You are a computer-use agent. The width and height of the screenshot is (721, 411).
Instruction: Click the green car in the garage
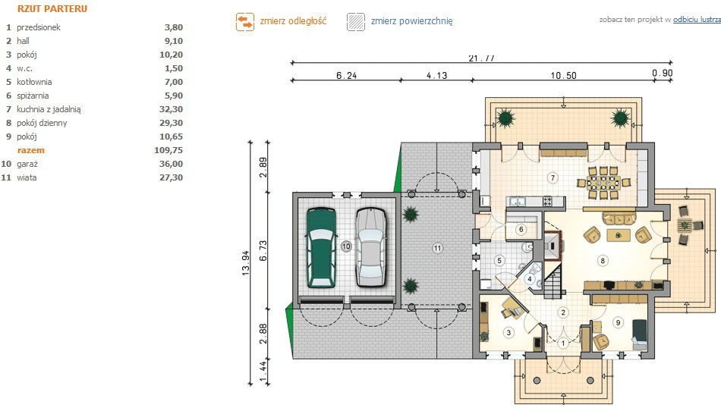pos(321,248)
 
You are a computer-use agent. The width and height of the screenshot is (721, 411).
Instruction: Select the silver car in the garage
pos(370,248)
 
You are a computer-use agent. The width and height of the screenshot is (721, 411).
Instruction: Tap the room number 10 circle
pos(346,246)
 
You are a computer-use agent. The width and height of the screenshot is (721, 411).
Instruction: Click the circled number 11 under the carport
pos(437,249)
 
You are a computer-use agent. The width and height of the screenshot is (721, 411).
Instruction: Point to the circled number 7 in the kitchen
pos(553,177)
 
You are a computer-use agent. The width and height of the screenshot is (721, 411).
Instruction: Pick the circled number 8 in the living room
pos(603,261)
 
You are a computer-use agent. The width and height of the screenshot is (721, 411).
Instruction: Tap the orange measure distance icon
pos(245,21)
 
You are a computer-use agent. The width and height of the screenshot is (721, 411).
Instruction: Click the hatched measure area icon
pos(356,21)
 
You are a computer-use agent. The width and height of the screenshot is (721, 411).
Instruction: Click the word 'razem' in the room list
pos(31,150)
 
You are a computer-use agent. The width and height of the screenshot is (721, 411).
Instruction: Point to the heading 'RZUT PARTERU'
pos(52,9)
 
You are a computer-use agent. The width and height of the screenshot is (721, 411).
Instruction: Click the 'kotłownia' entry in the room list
pos(34,82)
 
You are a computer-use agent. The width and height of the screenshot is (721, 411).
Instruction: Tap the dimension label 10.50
pos(564,75)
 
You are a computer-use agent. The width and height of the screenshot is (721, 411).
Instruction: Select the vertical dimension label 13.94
pos(246,263)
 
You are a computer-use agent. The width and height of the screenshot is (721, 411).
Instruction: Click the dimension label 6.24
pos(346,75)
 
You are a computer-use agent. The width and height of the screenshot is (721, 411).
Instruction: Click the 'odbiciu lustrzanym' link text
pos(697,20)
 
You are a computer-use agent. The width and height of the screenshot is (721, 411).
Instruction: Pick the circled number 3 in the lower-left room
pos(508,332)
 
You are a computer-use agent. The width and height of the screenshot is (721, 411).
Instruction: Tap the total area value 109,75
pos(168,150)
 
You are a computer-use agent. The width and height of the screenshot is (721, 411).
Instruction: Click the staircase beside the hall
pos(553,282)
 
